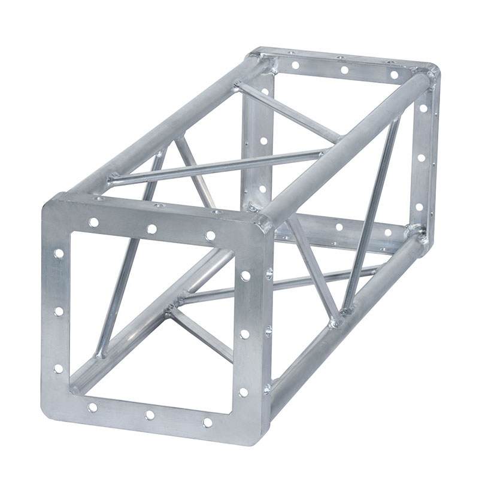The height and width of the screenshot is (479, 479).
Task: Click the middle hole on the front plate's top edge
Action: coord(152,229)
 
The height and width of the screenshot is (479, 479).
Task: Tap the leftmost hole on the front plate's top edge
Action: coord(94,222)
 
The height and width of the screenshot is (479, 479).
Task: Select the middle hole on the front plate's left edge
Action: coord(59,311)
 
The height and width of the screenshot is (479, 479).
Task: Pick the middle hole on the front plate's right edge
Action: coord(245,334)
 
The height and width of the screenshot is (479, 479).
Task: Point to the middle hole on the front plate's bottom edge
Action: coord(150,415)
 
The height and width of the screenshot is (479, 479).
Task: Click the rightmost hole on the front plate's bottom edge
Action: coord(207,422)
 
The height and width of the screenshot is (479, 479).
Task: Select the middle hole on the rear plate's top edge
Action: coord(344,70)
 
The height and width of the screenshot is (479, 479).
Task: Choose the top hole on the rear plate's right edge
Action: coord(424,110)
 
